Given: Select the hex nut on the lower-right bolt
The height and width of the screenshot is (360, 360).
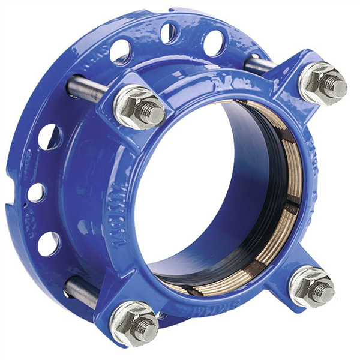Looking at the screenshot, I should pos(310,285).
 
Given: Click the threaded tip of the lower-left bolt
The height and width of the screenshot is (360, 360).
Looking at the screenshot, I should pos(147,329).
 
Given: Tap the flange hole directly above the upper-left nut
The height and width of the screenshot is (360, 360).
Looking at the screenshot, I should pos(122,52).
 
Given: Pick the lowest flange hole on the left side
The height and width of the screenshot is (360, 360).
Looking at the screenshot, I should pos(47,243).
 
